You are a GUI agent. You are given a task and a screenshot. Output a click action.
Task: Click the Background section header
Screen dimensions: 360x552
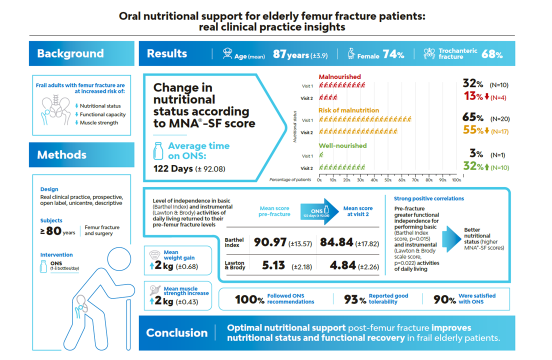pos(70,53)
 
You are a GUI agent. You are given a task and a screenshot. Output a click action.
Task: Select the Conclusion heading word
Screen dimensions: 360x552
pos(176,332)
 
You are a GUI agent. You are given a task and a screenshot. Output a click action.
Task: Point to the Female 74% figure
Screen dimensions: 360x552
pos(393,55)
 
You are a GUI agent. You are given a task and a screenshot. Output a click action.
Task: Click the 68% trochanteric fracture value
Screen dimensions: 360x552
pos(492,54)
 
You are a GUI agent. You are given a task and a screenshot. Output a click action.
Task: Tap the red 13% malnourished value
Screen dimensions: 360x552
pos(472,96)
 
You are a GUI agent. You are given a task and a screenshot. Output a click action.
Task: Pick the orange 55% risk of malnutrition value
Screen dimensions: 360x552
pos(472,131)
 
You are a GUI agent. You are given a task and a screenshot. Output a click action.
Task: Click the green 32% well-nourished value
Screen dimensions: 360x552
pos(472,166)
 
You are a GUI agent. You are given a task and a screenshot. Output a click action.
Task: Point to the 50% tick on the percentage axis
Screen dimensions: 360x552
pos(388,179)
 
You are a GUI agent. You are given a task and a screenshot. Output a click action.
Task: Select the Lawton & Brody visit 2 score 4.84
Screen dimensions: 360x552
pos(342,265)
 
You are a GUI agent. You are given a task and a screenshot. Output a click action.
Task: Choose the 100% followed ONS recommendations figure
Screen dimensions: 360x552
pos(249,299)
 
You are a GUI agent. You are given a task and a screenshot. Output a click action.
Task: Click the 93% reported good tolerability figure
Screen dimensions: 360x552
pos(355,299)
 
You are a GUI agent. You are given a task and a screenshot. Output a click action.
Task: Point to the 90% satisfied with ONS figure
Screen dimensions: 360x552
pos(444,299)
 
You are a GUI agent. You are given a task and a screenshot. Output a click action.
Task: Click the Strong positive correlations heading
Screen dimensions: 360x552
pos(428,198)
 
